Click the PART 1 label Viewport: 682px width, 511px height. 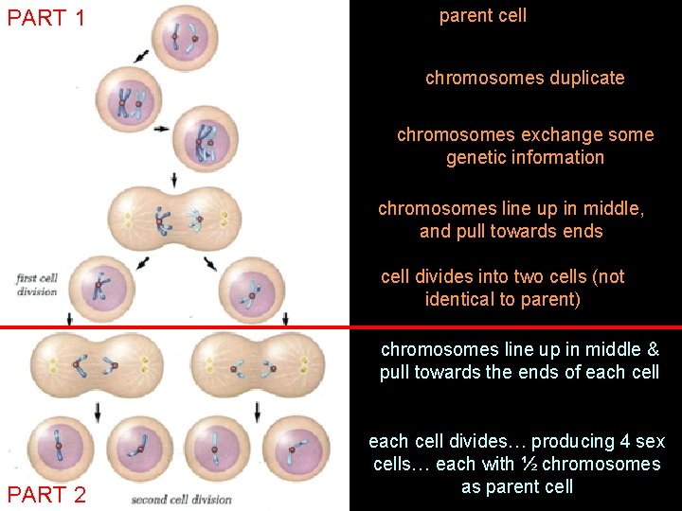point(46,17)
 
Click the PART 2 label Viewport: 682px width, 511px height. point(46,494)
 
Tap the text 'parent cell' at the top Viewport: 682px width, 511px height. point(482,16)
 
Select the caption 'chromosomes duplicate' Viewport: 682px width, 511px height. point(525,78)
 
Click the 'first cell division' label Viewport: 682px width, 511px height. point(37,284)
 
